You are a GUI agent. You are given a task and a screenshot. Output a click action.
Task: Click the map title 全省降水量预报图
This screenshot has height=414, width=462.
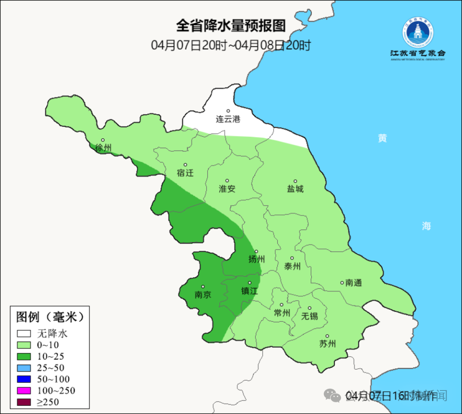231,26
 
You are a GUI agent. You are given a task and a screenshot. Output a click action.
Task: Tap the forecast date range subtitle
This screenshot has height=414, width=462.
231,45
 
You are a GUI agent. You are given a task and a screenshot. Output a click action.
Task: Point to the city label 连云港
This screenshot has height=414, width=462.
228,119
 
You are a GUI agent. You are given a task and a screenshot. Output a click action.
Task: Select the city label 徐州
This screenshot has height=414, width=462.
103,148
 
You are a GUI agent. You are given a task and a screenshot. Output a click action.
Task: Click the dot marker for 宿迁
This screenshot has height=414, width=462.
185,165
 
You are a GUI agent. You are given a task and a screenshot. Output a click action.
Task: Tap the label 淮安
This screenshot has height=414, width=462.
227,188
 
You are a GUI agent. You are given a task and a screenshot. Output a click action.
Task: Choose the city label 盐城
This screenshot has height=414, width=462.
295,188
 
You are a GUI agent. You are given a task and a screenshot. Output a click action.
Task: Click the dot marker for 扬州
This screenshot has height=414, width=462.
257,251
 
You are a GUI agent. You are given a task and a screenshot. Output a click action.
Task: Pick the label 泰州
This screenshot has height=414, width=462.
292,266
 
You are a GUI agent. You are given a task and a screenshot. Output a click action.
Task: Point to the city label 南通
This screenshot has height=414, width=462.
353,282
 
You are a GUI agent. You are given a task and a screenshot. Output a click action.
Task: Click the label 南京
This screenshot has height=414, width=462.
203,294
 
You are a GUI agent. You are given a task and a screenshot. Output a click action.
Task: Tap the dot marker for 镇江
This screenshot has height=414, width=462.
250,283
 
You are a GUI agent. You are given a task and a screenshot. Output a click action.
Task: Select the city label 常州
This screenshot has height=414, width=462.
282,313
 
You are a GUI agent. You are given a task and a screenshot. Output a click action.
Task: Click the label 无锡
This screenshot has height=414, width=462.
310,316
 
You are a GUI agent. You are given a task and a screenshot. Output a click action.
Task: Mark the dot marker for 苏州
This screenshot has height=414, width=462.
327,336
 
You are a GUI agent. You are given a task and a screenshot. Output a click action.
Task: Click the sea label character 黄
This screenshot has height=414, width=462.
382,138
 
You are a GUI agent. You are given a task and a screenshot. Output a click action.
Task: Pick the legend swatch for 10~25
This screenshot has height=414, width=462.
24,356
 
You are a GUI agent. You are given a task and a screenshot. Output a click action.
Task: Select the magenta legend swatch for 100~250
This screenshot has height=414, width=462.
24,390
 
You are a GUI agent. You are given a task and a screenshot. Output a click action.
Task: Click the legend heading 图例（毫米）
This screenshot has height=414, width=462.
50,317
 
